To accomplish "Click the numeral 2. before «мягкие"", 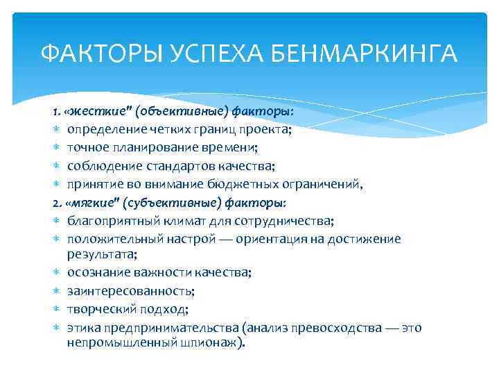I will pyautogui.click(x=57, y=202).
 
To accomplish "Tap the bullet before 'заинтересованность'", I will pyautogui.click(x=57, y=291).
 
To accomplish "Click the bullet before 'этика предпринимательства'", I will pyautogui.click(x=57, y=328).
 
